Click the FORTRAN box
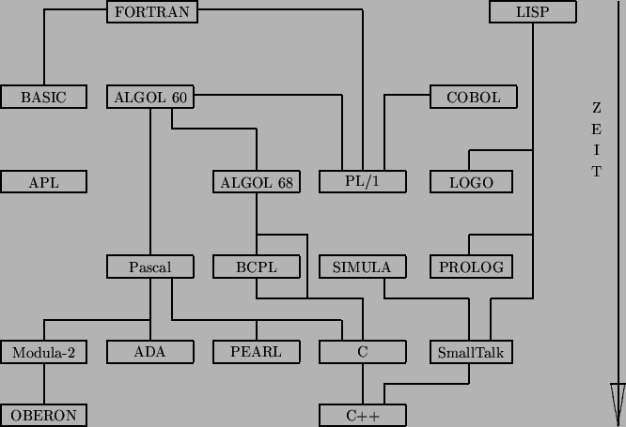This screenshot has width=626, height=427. (x=150, y=12)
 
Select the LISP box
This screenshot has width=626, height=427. (x=532, y=12)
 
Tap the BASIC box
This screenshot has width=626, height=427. (x=43, y=97)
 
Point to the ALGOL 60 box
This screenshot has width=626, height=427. (x=150, y=97)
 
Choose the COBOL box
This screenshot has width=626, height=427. (x=473, y=97)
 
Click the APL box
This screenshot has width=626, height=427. (x=43, y=182)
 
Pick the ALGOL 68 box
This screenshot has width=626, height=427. (x=257, y=182)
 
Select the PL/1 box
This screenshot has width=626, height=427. (x=362, y=182)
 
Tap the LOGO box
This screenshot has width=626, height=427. (x=471, y=182)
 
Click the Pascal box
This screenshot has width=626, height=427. (x=150, y=267)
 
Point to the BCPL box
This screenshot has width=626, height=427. (x=257, y=267)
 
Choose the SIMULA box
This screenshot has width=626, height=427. (x=362, y=267)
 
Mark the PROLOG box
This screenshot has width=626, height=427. (x=471, y=267)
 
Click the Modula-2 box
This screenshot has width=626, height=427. (x=43, y=353)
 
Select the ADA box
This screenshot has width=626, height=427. (x=150, y=353)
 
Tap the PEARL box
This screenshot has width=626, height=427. (x=257, y=353)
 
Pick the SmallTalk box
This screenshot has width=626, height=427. (x=471, y=353)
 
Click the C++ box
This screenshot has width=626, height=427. (x=362, y=415)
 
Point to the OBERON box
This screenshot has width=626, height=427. (x=43, y=415)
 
